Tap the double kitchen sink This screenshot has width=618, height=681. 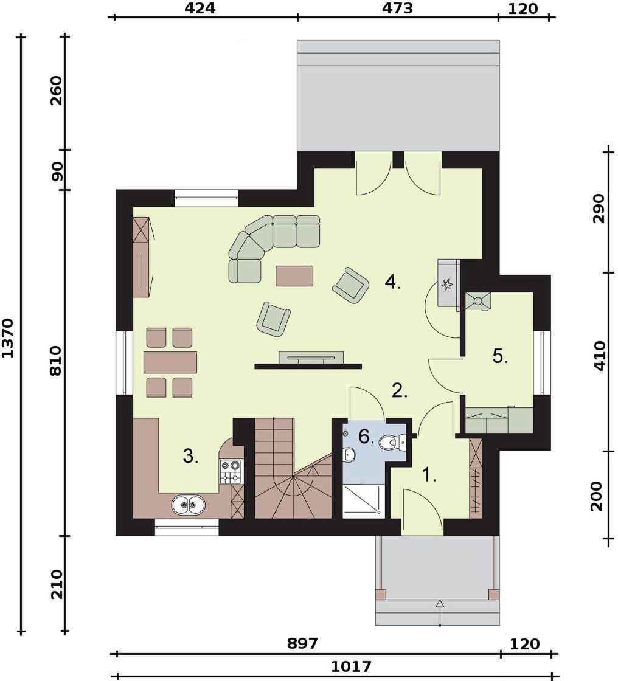189,505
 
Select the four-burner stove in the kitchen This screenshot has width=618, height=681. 231,472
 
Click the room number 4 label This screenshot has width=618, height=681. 392,283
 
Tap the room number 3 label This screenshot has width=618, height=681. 191,457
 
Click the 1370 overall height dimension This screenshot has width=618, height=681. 8,338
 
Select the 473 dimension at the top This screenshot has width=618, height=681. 398,8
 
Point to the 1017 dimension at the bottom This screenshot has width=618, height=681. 351,666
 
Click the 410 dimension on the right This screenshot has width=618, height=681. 599,356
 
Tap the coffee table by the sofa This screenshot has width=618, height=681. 294,276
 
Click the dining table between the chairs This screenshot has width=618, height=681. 170,362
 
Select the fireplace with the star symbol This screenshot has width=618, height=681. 448,285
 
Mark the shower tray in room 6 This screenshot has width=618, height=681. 363,502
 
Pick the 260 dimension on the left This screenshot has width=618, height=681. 57,91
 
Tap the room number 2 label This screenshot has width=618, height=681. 400,391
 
